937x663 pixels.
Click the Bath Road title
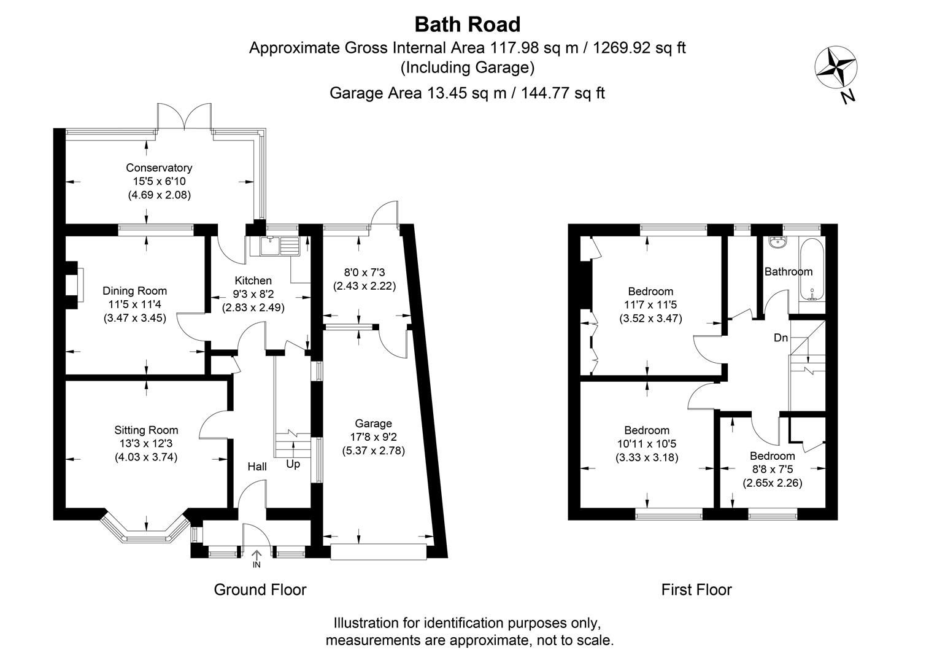(468, 25)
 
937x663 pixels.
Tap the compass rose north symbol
(835, 67)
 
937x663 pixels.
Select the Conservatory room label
(159, 168)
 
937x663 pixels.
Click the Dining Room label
(134, 291)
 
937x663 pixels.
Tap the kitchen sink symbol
(279, 246)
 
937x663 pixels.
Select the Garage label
(373, 424)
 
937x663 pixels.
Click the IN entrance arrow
(256, 558)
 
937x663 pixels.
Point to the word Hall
(256, 467)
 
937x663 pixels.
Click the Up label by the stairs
(293, 465)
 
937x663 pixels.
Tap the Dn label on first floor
(781, 338)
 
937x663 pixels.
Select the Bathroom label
(788, 271)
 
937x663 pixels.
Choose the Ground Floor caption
(260, 590)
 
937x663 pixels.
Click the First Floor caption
(696, 590)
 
